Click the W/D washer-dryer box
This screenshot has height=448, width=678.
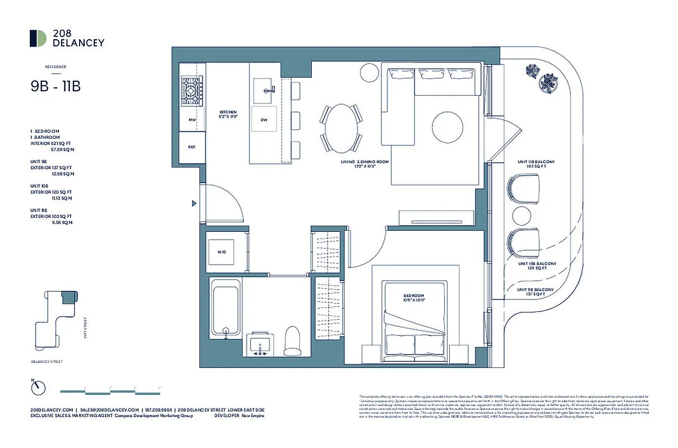pyautogui.click(x=222, y=252)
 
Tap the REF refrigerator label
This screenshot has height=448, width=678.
pyautogui.click(x=192, y=147)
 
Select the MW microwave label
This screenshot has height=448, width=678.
pyautogui.click(x=192, y=120)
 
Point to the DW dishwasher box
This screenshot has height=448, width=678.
pyautogui.click(x=264, y=120)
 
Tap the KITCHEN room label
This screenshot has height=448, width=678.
pyautogui.click(x=228, y=115)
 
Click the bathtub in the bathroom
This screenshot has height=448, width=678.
pyautogui.click(x=225, y=308)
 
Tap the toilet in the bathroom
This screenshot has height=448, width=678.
pyautogui.click(x=293, y=340)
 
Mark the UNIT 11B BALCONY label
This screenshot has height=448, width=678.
pyautogui.click(x=536, y=164)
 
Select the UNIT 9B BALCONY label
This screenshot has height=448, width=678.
pyautogui.click(x=535, y=292)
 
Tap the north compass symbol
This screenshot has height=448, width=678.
pyautogui.click(x=38, y=387)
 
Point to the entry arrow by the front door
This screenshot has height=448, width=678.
pyautogui.click(x=194, y=203)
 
